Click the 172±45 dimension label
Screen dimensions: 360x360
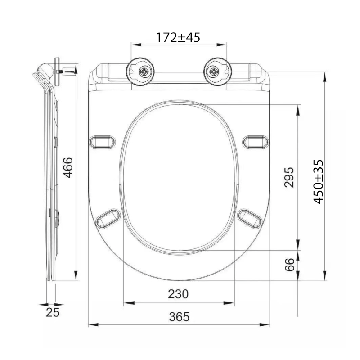click(x=178, y=37)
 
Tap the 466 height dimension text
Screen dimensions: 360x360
click(x=68, y=167)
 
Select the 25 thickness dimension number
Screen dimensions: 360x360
click(x=53, y=312)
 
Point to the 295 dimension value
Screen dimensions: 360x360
click(x=289, y=177)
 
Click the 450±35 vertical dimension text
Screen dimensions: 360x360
click(x=319, y=182)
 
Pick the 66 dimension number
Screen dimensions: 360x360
click(x=289, y=265)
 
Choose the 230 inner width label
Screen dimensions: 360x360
click(x=178, y=294)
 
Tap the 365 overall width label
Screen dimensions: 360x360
click(x=179, y=317)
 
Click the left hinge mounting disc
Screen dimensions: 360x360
click(x=140, y=72)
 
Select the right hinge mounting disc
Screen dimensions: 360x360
click(x=218, y=72)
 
